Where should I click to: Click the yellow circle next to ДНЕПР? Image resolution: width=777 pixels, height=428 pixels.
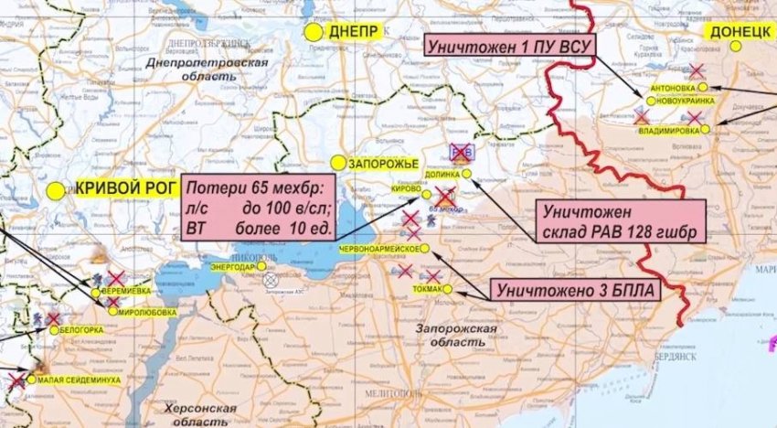314,31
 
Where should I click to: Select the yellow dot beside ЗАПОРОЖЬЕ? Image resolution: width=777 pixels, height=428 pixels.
338,163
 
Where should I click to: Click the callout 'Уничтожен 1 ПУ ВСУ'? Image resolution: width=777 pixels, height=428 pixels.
510,45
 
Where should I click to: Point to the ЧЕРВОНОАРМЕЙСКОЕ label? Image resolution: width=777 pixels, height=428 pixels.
378,249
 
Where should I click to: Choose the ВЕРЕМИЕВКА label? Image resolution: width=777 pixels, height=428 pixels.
128,291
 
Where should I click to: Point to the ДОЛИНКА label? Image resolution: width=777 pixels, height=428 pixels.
442,172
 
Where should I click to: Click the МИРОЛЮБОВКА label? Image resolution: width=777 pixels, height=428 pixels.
145,311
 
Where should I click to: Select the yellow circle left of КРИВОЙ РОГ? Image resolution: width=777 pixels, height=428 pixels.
58,191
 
